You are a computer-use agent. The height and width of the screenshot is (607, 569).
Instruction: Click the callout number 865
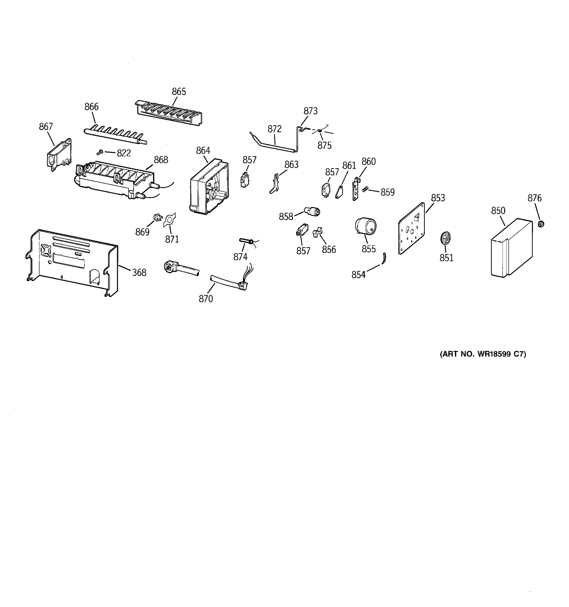coord(179,92)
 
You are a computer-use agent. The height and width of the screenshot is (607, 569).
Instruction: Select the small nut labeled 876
coord(541,224)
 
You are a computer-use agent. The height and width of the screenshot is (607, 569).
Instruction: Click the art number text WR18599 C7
coord(483,354)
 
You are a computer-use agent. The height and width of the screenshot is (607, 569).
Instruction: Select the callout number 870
coord(206,299)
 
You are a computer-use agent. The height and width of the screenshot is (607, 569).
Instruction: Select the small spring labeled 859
coord(364,190)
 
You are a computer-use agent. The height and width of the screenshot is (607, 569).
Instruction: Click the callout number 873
coord(311,111)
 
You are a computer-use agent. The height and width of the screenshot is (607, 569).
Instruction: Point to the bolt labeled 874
coord(246,242)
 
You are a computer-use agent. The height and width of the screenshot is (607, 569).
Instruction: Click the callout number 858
coord(286,216)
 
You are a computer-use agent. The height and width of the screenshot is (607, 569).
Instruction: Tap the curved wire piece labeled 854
coord(384,258)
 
